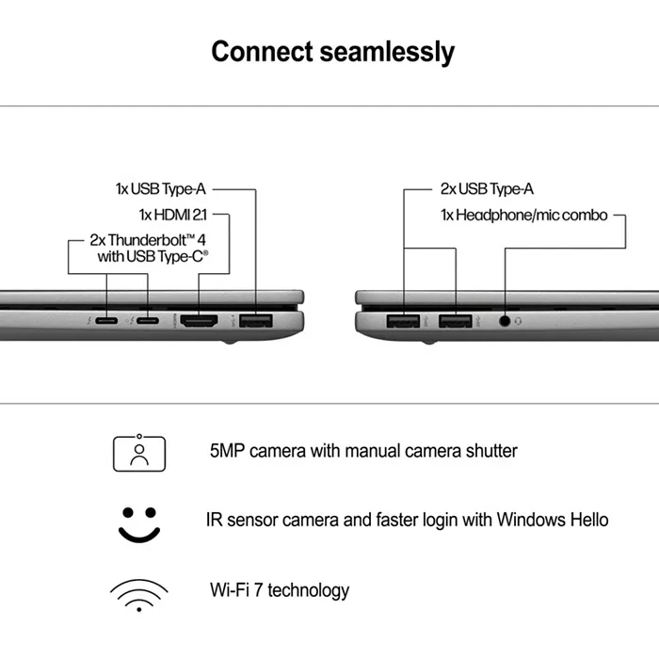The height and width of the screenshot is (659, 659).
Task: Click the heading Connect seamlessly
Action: point(332,51)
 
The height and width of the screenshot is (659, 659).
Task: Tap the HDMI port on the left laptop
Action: point(200,322)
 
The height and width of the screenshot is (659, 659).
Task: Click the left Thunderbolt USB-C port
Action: point(107,321)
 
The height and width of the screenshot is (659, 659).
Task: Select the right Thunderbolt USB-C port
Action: point(148,321)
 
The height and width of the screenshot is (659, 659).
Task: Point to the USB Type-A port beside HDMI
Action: point(255,322)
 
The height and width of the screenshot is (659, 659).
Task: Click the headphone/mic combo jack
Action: point(506,321)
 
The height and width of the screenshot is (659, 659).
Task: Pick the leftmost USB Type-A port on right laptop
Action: point(403,322)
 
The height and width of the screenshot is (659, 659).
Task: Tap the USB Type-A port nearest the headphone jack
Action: point(456,322)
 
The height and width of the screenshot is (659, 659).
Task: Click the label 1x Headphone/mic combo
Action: point(523,215)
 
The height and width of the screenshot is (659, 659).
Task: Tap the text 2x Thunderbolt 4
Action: point(149,240)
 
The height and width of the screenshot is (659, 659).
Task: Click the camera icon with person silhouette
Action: point(138,452)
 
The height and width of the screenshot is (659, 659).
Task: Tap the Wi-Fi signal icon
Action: point(138,592)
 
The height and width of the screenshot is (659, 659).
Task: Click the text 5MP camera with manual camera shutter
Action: point(363,451)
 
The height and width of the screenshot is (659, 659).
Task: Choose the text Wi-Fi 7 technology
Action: point(280,590)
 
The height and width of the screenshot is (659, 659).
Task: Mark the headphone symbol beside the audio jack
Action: point(519,321)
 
